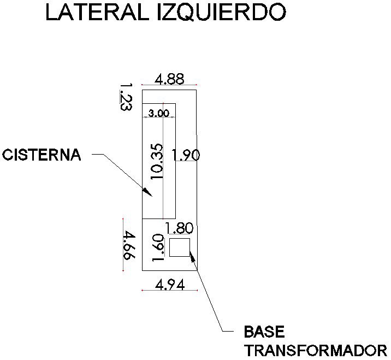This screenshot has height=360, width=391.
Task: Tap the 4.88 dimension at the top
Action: click(169, 79)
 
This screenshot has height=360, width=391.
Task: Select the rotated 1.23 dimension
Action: click(126, 97)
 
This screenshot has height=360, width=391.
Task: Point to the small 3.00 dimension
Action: click(159, 113)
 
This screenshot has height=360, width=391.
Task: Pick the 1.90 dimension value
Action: click(186, 155)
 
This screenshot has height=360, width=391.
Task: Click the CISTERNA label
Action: click(42, 155)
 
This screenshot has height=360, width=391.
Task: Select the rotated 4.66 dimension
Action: click(128, 246)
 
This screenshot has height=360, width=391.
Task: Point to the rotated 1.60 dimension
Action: click(158, 248)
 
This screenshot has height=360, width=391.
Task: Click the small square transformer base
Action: click(179, 247)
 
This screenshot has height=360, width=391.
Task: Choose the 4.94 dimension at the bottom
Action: click(169, 284)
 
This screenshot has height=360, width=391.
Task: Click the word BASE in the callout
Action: click(264, 332)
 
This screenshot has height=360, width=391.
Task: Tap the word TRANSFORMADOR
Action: click(316, 350)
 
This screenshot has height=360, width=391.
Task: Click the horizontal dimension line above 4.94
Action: click(169, 290)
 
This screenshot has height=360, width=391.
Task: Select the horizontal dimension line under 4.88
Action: click(169, 85)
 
